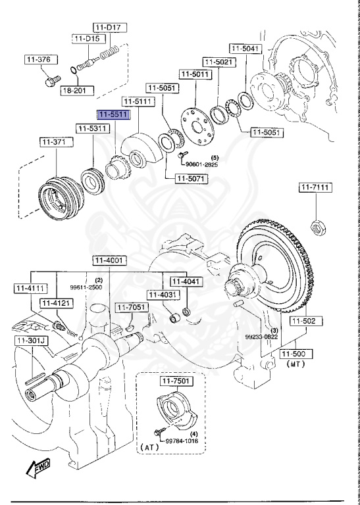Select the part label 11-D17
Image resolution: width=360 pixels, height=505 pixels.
(x=110, y=27)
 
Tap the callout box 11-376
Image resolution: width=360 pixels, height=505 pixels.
(x=38, y=60)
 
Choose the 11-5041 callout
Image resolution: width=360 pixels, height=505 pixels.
(x=245, y=48)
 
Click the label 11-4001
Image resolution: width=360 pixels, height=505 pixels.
(x=108, y=261)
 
